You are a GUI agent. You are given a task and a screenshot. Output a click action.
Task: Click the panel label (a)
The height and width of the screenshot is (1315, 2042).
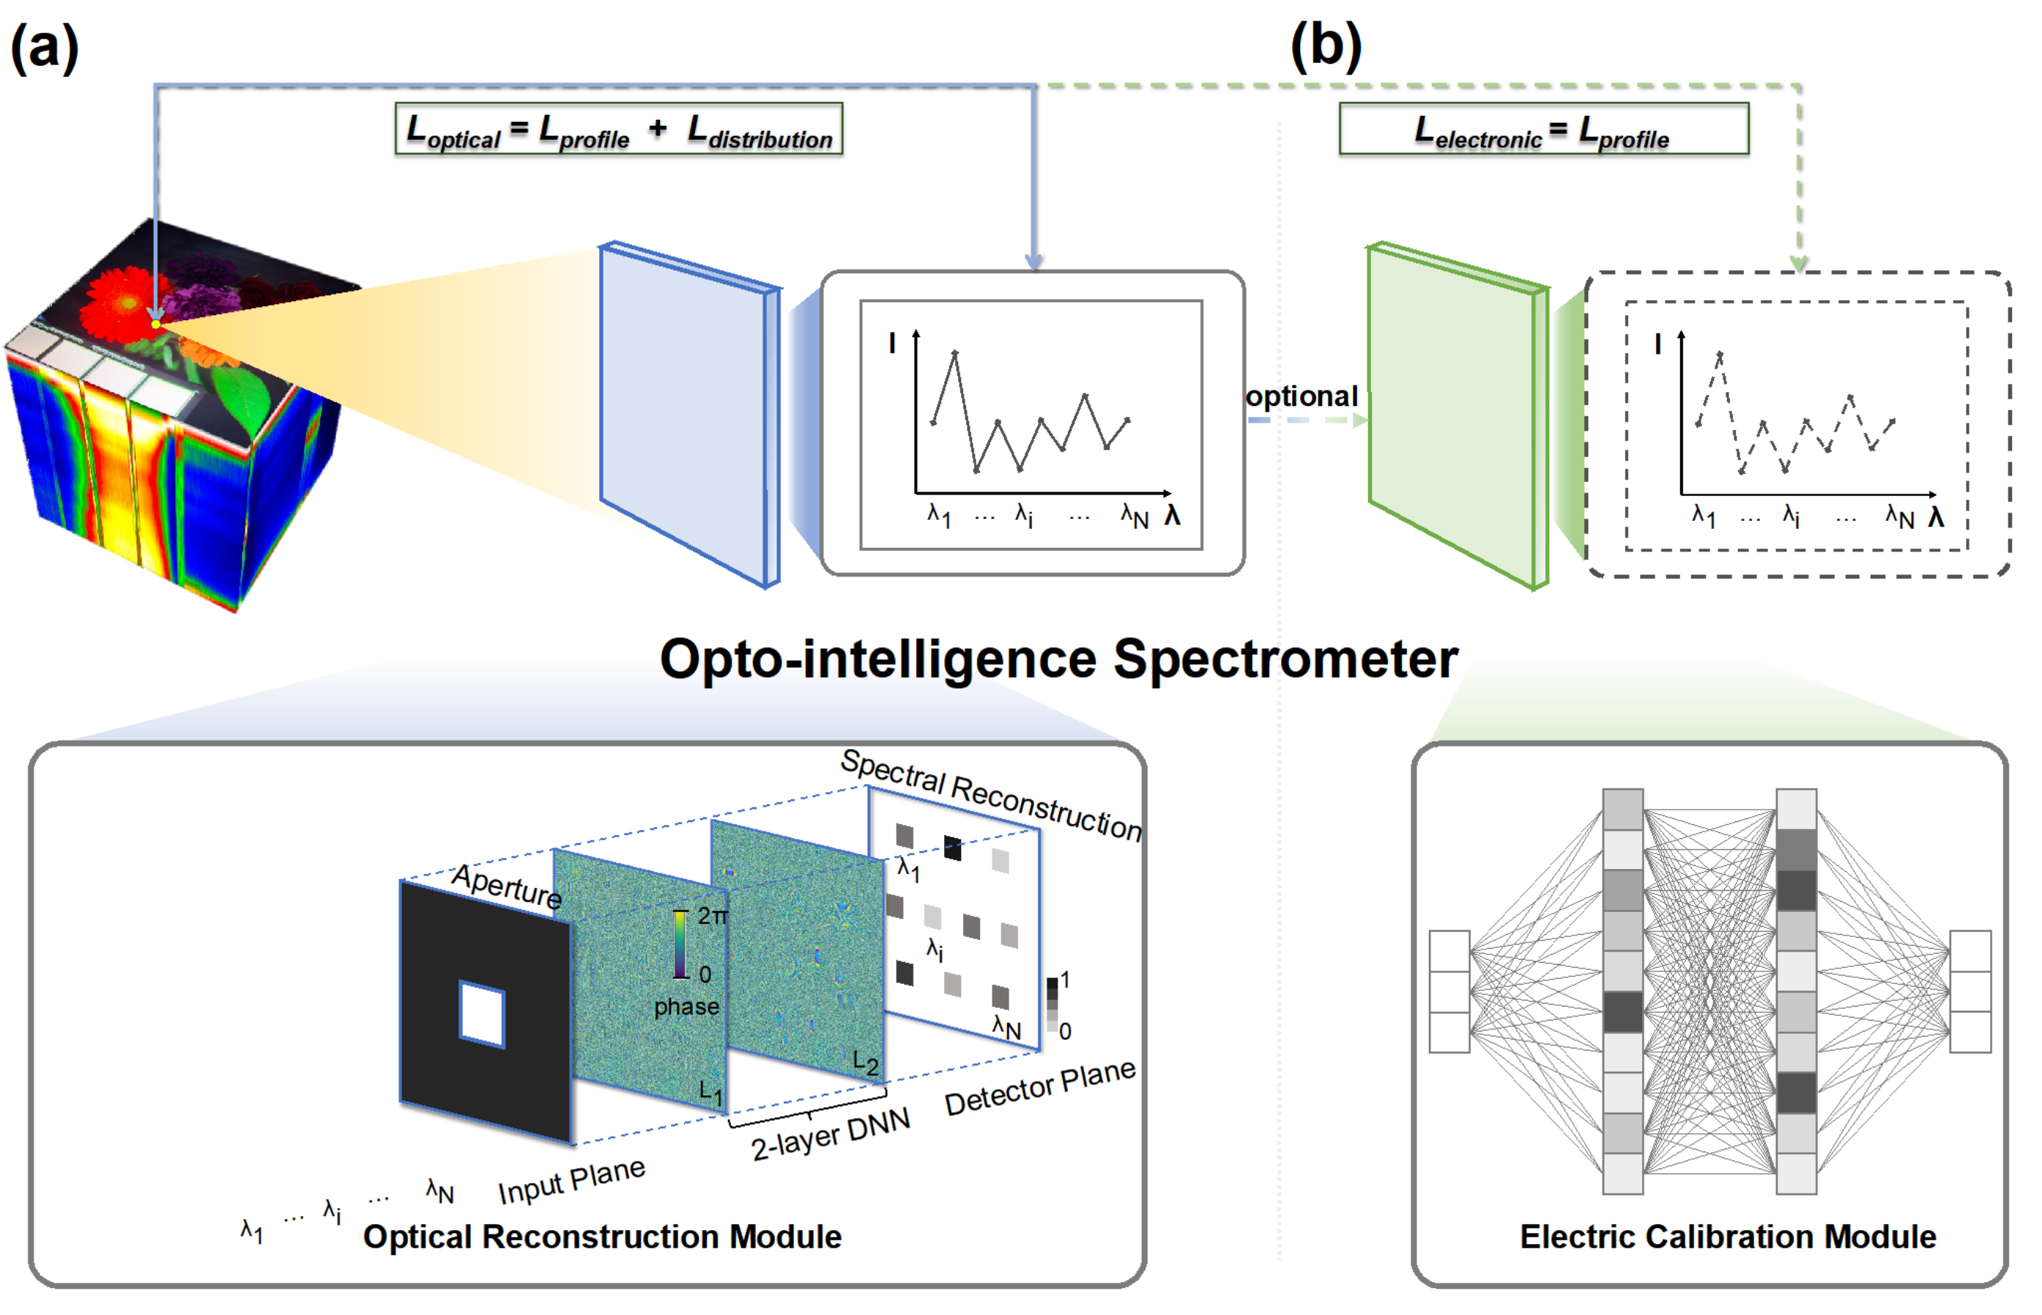[x=45, y=47]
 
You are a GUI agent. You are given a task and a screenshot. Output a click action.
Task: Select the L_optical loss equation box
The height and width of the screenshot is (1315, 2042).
[x=619, y=129]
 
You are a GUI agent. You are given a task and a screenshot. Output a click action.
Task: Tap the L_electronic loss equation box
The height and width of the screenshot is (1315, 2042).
[x=1542, y=129]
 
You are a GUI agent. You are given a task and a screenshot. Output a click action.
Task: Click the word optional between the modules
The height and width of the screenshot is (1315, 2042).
[x=1301, y=396]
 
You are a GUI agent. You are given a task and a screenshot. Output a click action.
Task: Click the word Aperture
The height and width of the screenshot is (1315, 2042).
[x=506, y=886]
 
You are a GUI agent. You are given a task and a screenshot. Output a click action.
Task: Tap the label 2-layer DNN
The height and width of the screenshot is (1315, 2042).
[x=831, y=1134]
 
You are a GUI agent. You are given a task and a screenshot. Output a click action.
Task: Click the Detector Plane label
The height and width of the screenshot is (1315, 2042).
[x=1040, y=1087]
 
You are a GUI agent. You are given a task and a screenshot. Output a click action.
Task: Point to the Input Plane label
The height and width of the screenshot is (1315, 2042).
[x=571, y=1182]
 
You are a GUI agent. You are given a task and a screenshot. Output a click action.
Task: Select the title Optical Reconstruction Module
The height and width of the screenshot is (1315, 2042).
[x=602, y=1237]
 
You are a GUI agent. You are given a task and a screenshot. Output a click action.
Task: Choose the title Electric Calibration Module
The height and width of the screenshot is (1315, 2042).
[x=1728, y=1237]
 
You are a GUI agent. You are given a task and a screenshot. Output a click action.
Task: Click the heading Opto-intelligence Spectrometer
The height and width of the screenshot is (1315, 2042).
[x=1058, y=659]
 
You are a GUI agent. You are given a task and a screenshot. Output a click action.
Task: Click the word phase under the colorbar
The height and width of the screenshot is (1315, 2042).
[x=686, y=1007]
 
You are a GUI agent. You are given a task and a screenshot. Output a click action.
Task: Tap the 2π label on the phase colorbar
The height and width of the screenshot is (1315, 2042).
[x=713, y=916]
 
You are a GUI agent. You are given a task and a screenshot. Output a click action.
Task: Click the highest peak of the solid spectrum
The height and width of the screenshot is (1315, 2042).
[x=954, y=352]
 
